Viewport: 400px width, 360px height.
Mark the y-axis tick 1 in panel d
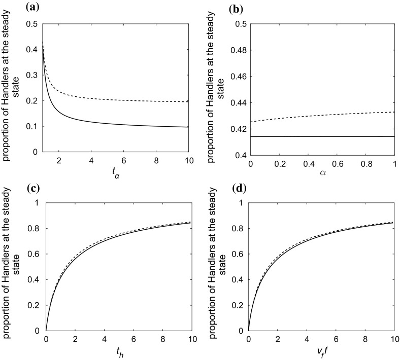click(242, 203)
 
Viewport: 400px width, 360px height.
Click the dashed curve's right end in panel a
click(188, 102)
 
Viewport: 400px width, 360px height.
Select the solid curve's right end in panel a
click(188, 127)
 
